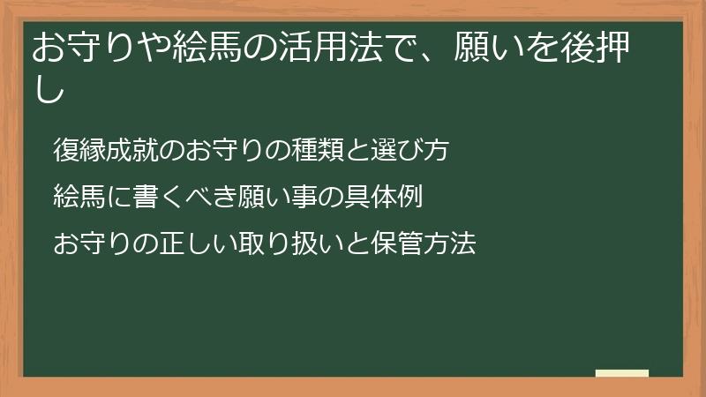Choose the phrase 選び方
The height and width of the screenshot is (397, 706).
(411, 150)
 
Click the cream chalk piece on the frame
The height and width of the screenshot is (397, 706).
(621, 373)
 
